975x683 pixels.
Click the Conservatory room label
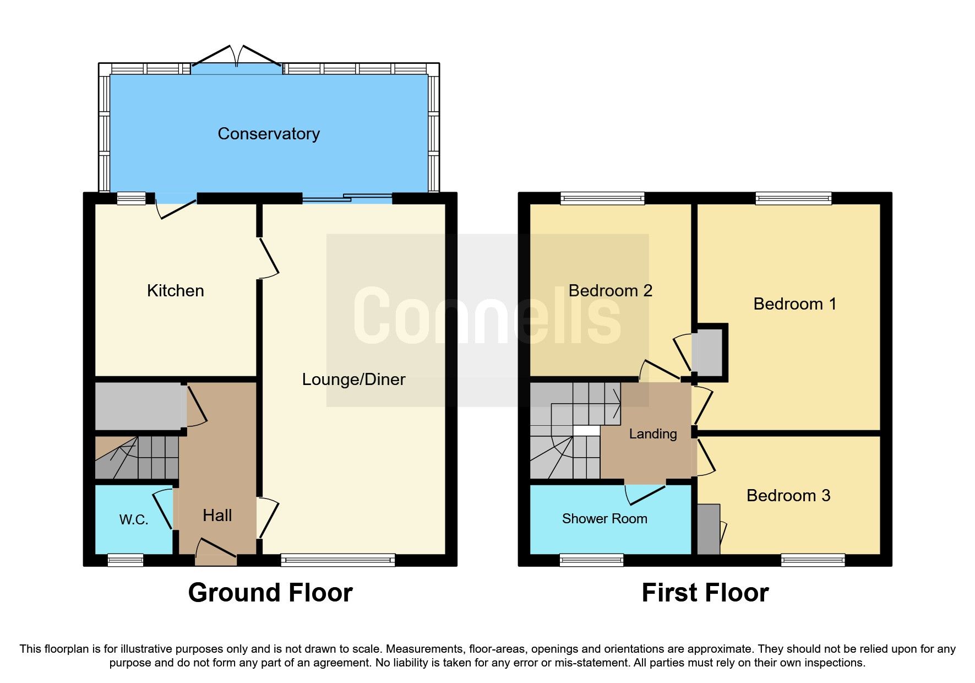[x=269, y=134]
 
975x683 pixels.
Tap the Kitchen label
[x=175, y=291]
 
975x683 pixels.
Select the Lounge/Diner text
[x=353, y=380]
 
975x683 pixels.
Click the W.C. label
[x=134, y=520]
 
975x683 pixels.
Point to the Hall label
[x=217, y=516]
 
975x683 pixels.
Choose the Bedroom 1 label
[x=794, y=304]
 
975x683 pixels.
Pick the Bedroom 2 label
[x=610, y=291]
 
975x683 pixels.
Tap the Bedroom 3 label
[x=788, y=496]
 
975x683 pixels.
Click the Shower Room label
[x=604, y=519]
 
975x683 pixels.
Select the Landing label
[x=652, y=434]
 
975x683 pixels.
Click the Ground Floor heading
[x=270, y=593]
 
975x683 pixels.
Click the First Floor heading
[x=705, y=593]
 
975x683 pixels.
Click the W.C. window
[x=126, y=561]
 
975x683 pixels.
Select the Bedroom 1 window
[x=793, y=198]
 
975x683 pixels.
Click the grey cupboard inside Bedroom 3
[x=709, y=529]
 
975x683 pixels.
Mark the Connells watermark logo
[x=487, y=317]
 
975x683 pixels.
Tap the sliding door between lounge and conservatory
[x=347, y=198]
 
